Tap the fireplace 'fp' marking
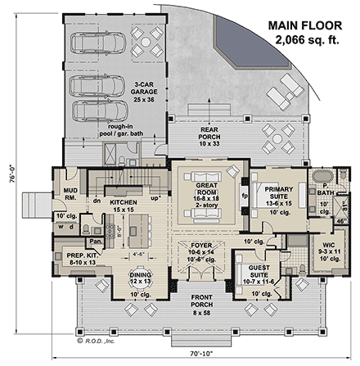pyautogui.click(x=245, y=197)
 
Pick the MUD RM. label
pyautogui.click(x=70, y=195)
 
